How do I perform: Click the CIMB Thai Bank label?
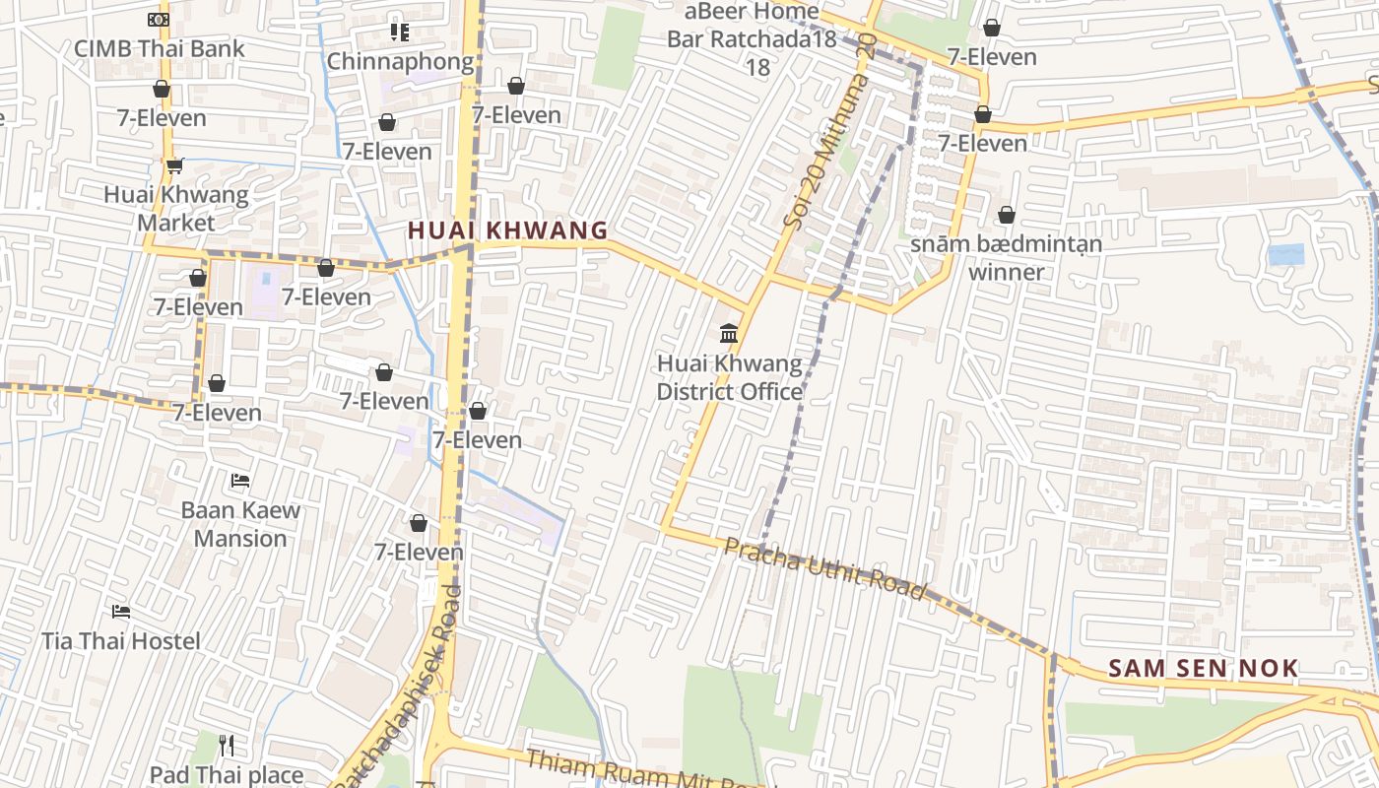(160, 48)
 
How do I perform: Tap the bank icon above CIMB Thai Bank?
(158, 19)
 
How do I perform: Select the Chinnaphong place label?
(400, 61)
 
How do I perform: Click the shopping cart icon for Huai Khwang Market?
(174, 165)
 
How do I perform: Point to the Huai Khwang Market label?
(176, 208)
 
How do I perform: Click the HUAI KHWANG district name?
(507, 230)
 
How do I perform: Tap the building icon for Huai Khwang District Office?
(729, 334)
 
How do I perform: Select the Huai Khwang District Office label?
(729, 377)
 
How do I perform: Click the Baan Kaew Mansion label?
(240, 524)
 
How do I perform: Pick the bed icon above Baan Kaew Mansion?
(240, 481)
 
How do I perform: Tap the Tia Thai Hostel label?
(121, 641)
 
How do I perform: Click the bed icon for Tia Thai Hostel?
(121, 612)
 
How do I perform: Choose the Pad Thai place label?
(227, 775)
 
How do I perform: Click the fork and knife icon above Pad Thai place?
(227, 745)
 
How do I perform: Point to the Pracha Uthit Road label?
(825, 568)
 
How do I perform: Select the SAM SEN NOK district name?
(1203, 669)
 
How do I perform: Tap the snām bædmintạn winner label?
(1006, 257)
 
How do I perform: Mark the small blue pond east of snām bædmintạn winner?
(1285, 254)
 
